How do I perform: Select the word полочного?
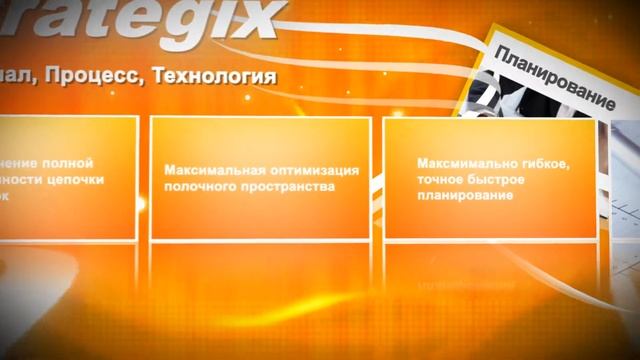[x=197, y=186]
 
